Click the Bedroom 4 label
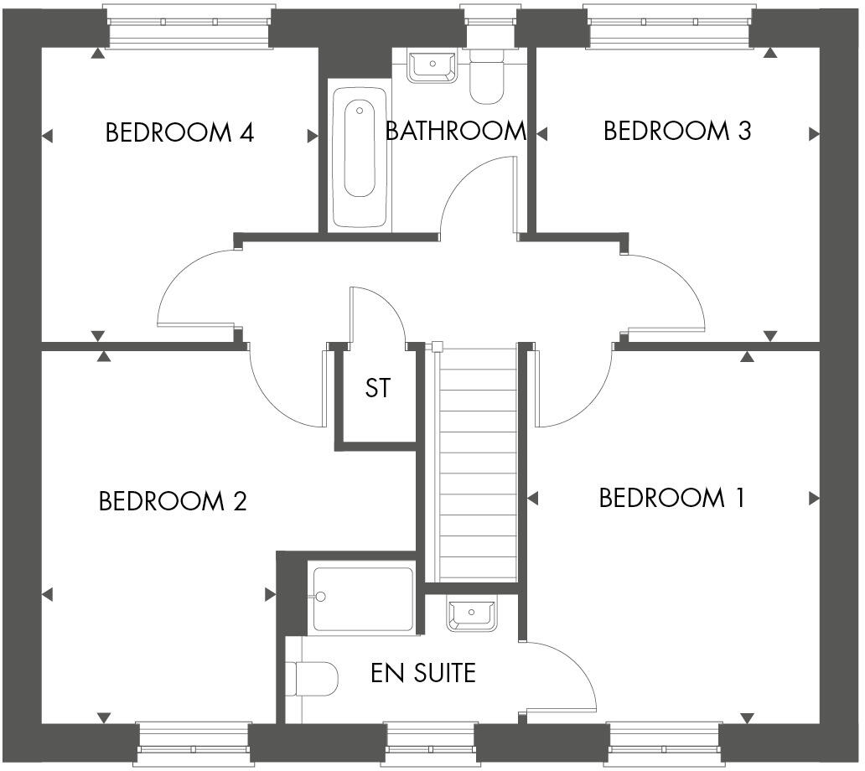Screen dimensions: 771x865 (179, 132)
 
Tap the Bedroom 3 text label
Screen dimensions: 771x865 (677, 131)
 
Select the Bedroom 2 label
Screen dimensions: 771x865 (173, 501)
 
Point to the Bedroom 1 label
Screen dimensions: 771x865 (671, 498)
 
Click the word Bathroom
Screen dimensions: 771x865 (455, 131)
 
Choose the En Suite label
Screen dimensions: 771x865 (423, 672)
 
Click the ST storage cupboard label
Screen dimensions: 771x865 (377, 389)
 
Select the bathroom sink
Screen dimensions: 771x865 (432, 65)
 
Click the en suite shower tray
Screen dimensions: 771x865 (363, 599)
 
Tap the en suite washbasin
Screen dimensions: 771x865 (472, 614)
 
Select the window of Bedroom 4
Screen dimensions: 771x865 (189, 28)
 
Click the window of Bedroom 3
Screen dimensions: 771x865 (669, 28)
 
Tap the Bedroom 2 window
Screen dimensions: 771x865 (194, 743)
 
